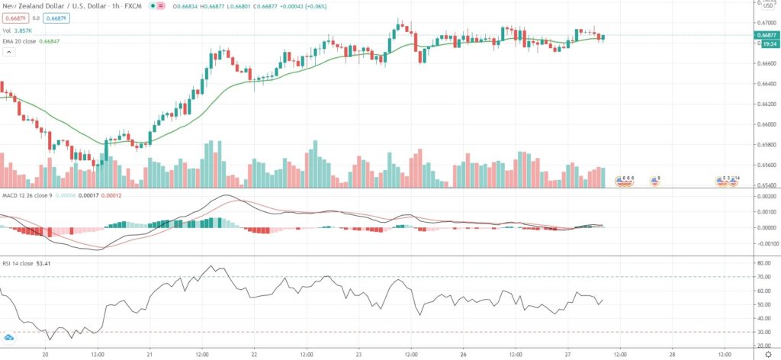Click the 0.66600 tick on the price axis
tap(765, 63)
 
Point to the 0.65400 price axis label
tap(765, 185)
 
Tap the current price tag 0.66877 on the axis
tap(765, 35)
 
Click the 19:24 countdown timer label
tap(765, 43)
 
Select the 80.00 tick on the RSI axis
tap(764, 263)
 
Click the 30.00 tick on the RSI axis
tap(764, 333)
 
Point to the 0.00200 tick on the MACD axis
tap(766, 196)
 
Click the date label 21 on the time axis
tap(150, 354)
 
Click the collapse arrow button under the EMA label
tap(9, 52)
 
